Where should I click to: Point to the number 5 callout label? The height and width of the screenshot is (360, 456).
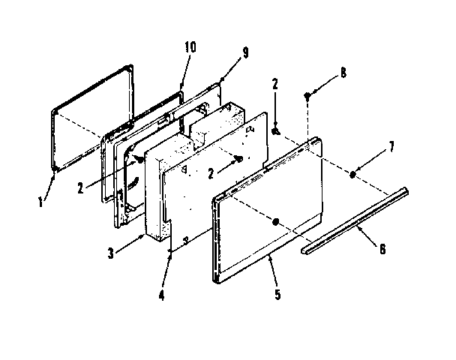[x=277, y=293]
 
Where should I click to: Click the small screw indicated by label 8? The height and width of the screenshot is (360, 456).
[x=308, y=95]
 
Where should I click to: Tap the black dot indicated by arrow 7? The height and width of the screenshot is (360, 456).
[x=352, y=174]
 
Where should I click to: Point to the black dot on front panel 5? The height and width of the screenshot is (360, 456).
[x=277, y=222]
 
